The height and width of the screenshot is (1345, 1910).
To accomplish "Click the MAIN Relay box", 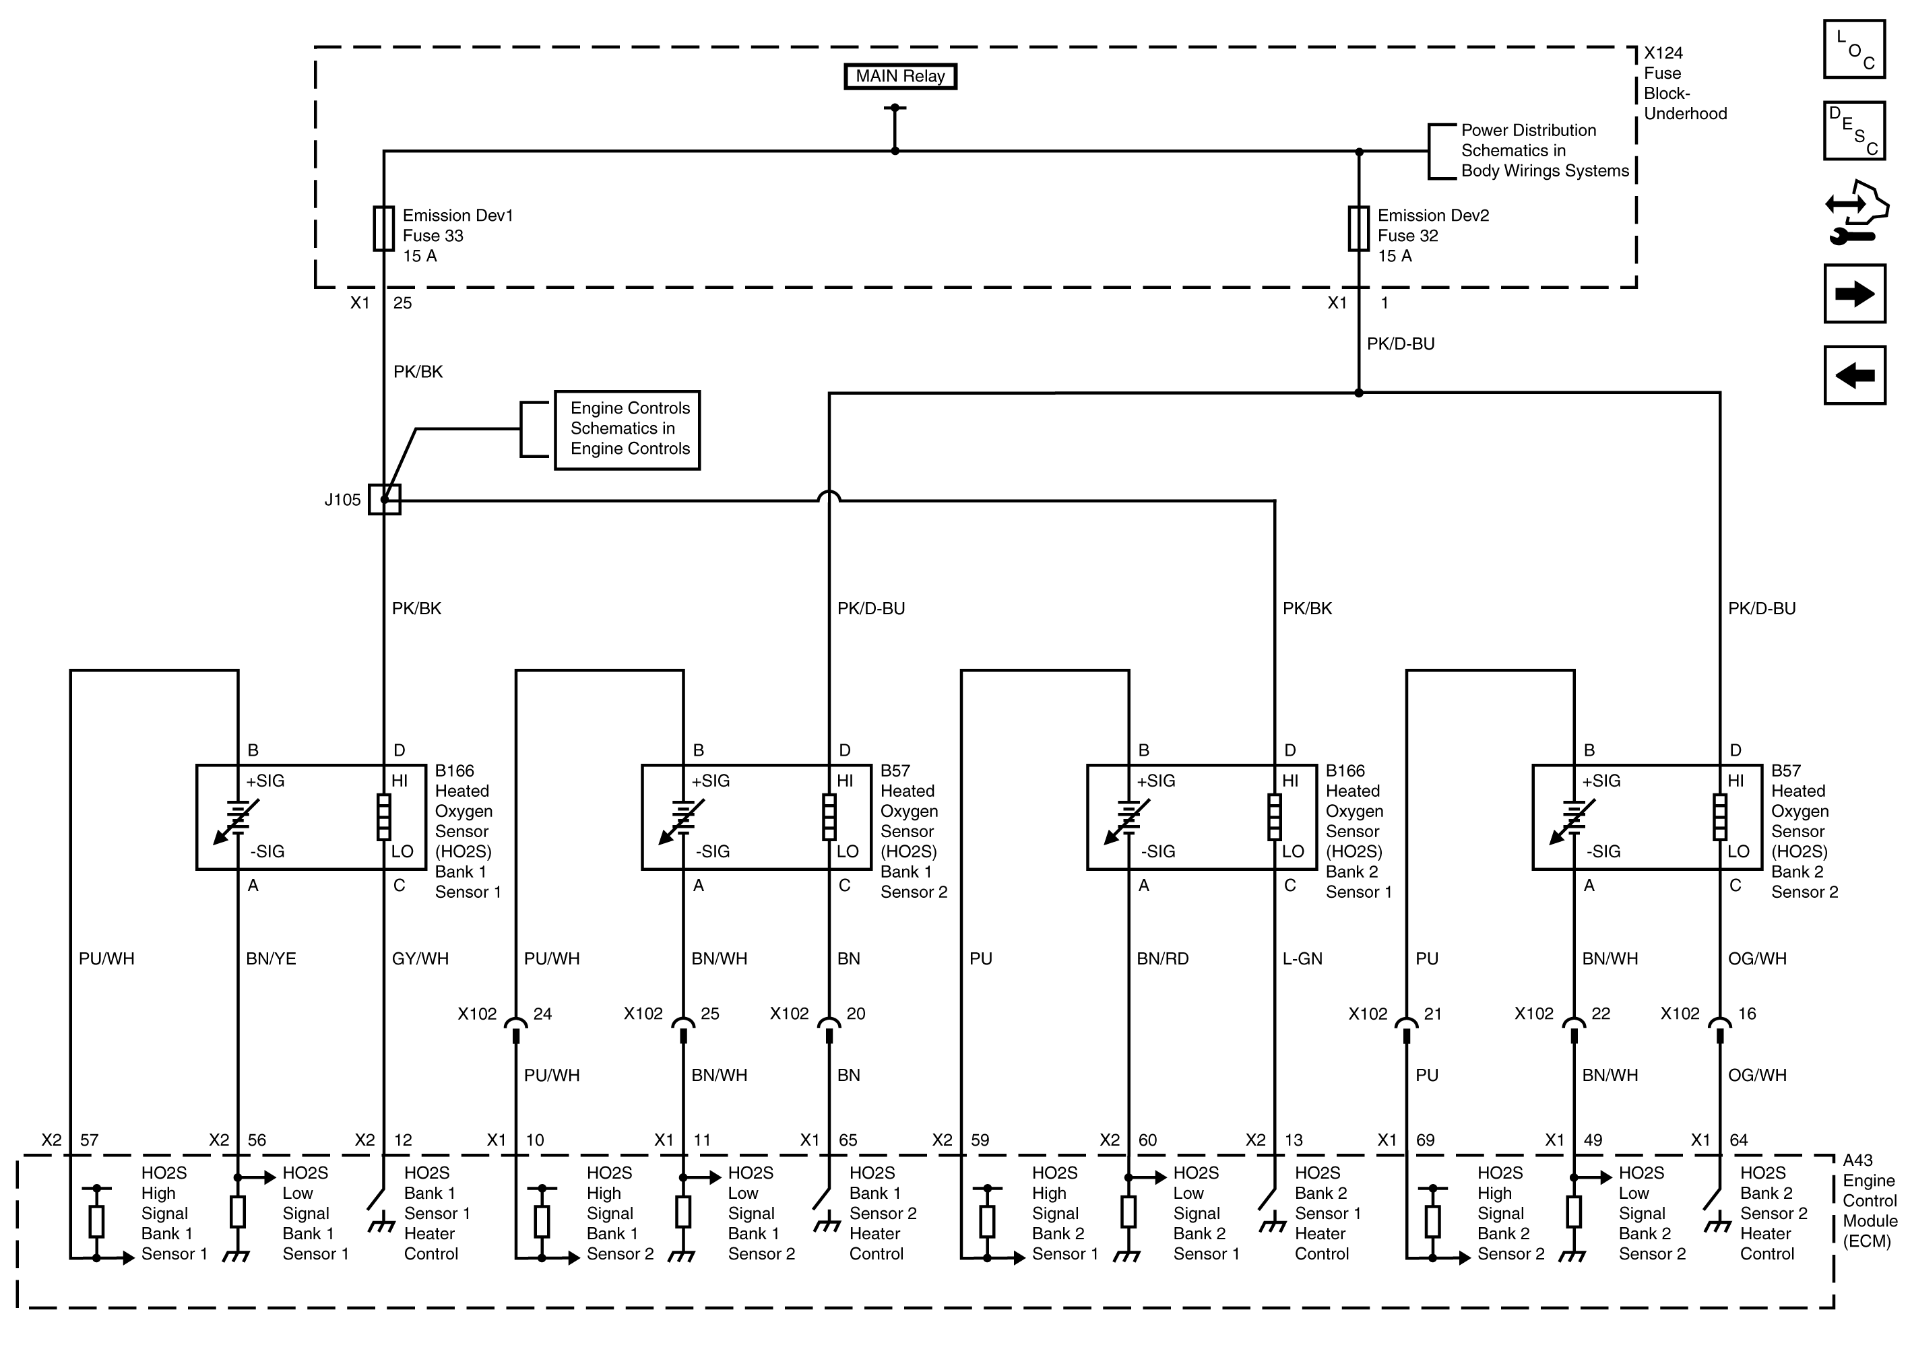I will click(899, 77).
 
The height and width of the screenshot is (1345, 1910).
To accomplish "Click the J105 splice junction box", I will click(384, 499).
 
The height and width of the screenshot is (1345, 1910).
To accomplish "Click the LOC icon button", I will click(1854, 49).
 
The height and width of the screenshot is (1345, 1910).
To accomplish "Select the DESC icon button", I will click(1854, 131).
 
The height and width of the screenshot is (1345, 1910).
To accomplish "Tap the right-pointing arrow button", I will click(1854, 294).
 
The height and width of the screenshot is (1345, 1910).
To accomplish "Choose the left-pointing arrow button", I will click(1854, 375).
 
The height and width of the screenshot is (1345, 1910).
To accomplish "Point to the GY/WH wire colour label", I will click(420, 959).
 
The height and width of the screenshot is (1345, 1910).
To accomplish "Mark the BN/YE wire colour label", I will click(270, 959).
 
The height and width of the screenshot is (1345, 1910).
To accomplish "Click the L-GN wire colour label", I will click(1302, 959).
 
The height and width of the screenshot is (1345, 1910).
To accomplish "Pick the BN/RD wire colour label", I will click(1162, 959).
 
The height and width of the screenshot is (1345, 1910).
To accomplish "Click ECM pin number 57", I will click(89, 1140).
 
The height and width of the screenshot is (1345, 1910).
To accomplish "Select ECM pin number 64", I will click(1739, 1140).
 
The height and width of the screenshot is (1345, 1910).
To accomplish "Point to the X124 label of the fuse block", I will click(1663, 53).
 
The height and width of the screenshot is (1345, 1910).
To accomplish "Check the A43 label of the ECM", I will click(1857, 1160).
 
